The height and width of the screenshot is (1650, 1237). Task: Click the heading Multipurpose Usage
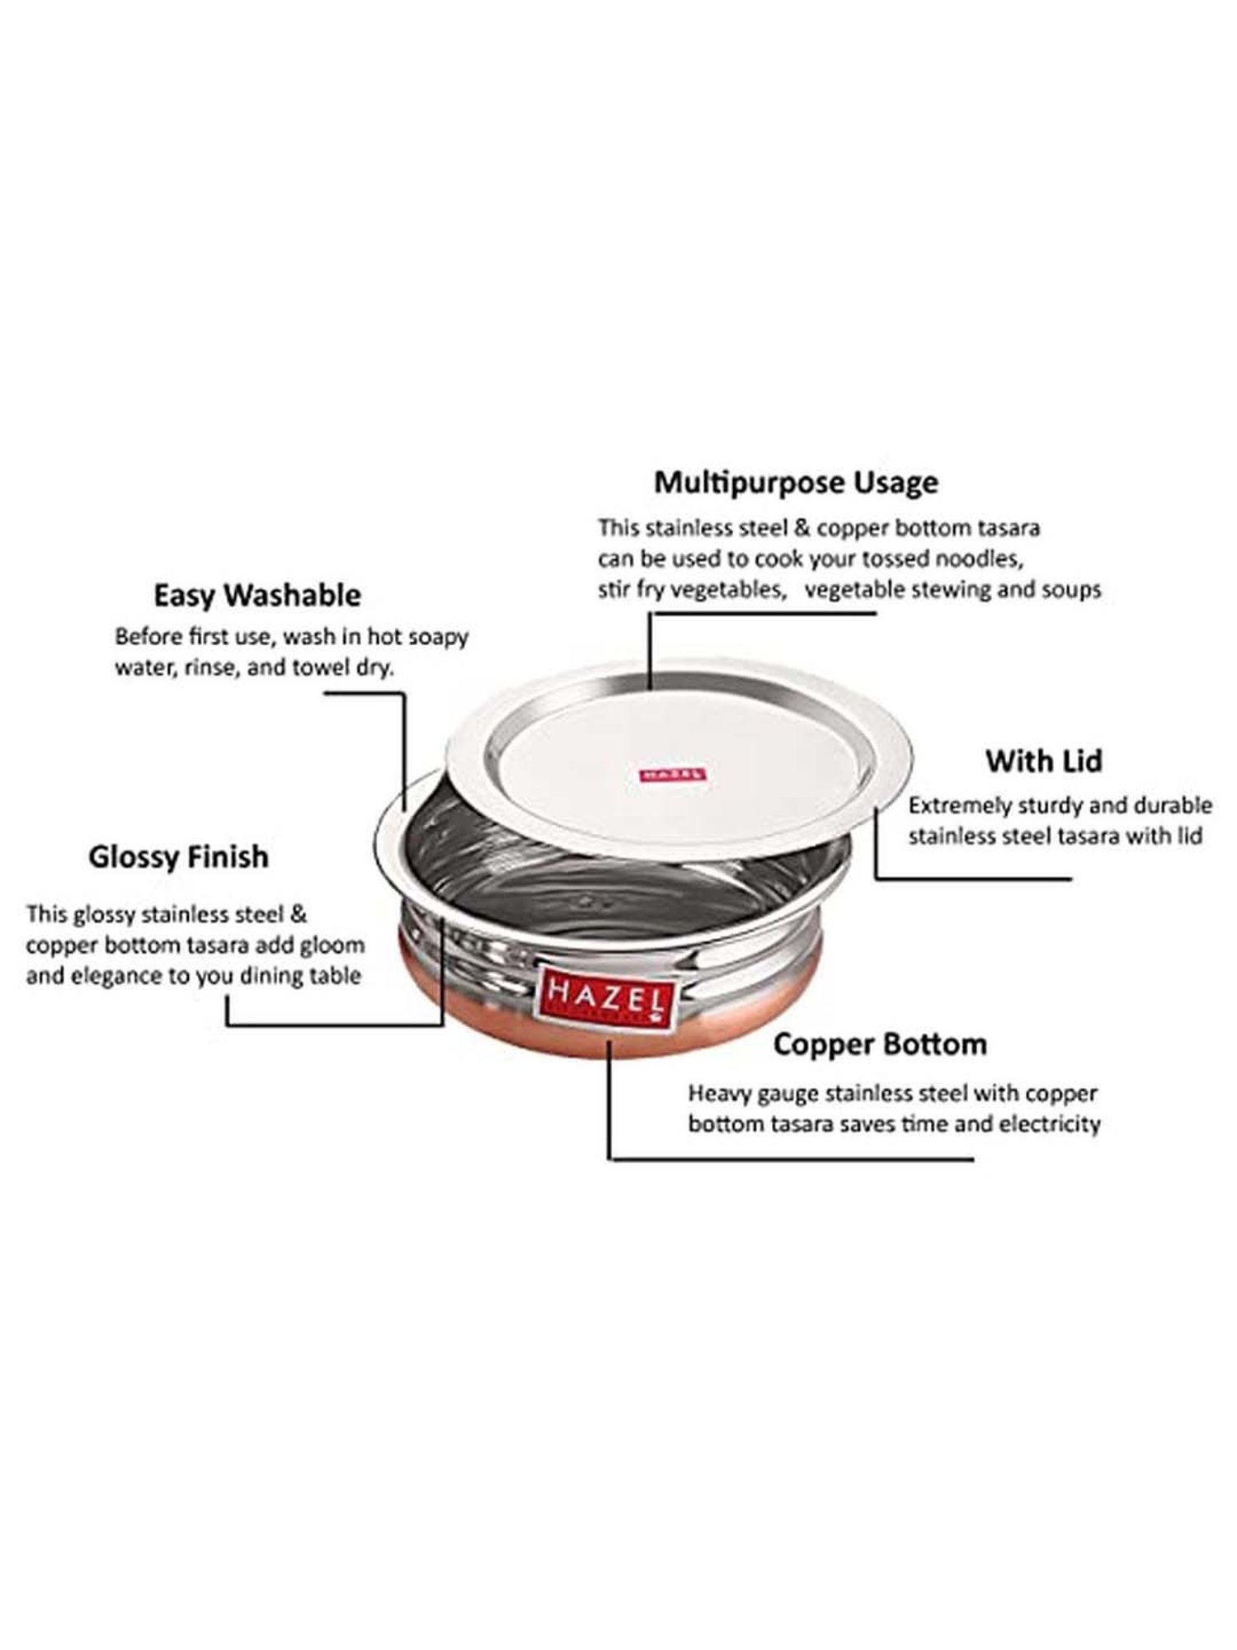point(796,482)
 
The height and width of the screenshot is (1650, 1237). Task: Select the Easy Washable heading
point(257,595)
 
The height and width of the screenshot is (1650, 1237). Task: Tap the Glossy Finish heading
point(179,856)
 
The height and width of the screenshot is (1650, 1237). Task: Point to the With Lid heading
point(1044,761)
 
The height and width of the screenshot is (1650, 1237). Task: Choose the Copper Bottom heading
point(880,1044)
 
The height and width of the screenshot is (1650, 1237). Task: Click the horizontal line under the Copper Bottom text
point(792,1157)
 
